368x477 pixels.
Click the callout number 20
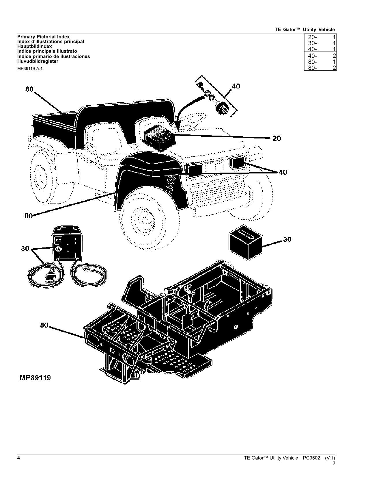(277, 138)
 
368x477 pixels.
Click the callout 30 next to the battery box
(287, 239)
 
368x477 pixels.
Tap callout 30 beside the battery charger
(25, 248)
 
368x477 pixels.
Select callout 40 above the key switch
(236, 86)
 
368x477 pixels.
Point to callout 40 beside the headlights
(283, 172)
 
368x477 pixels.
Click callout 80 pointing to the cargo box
(29, 89)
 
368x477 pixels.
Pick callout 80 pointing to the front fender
(29, 216)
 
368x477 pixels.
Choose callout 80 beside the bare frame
(44, 325)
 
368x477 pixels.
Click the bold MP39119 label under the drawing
(35, 378)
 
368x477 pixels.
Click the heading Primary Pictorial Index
(43, 37)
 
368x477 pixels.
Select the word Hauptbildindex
(35, 46)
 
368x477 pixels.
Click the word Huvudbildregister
(38, 61)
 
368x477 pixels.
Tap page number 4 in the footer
(19, 458)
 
